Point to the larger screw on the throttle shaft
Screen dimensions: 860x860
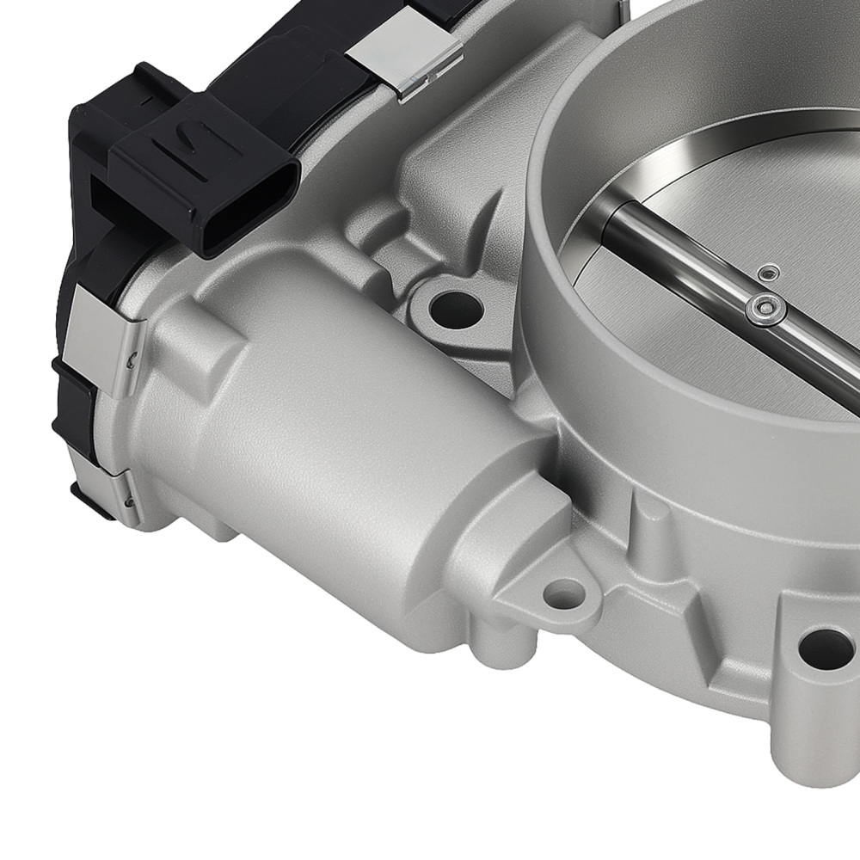[x=765, y=309]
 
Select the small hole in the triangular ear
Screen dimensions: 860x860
[x=563, y=593]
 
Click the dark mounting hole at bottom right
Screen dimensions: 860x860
[x=826, y=648]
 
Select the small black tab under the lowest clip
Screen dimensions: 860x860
[x=91, y=504]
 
